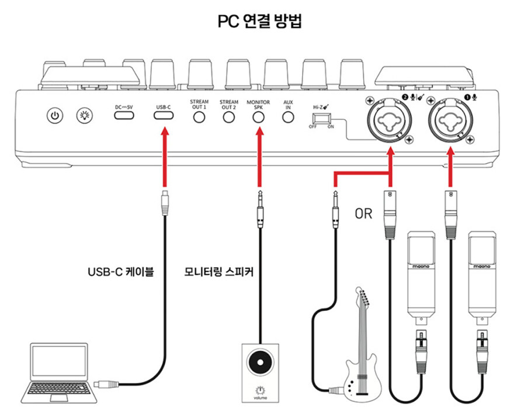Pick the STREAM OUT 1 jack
pos(199,117)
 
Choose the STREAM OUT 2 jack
pos(228,117)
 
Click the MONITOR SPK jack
pos(258,117)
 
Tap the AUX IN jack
pos(287,117)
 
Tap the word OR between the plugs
pos(363,214)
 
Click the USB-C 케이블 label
pos(121,271)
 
